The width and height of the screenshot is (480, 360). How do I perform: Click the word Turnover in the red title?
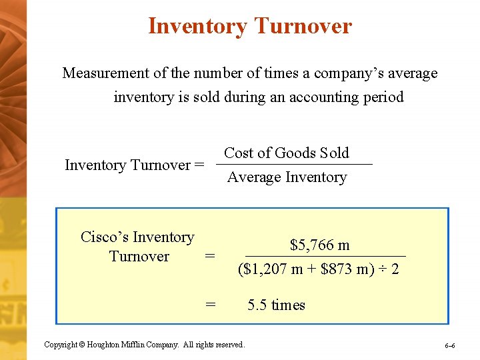[x=303, y=26]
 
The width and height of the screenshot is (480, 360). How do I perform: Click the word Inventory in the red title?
[x=198, y=26]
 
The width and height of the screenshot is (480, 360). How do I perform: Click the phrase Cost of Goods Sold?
[x=287, y=153]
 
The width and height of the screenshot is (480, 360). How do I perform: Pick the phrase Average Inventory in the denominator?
[x=287, y=177]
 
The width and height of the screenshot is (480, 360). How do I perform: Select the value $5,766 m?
[x=320, y=245]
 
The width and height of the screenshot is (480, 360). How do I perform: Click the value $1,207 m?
[x=273, y=270]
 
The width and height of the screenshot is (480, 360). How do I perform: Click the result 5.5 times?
[x=276, y=305]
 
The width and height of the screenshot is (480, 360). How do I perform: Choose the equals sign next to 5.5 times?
[x=211, y=305]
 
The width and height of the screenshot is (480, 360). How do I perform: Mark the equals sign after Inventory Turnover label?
[x=199, y=165]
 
